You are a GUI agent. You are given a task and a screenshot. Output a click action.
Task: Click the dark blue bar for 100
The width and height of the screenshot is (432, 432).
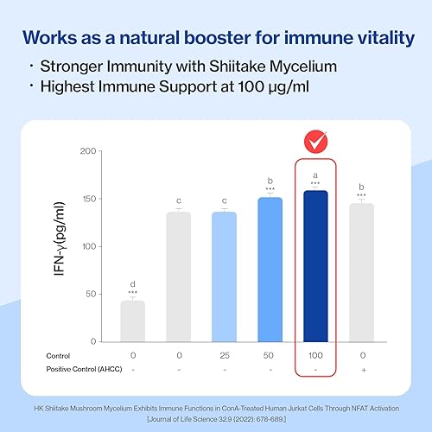[x=315, y=266]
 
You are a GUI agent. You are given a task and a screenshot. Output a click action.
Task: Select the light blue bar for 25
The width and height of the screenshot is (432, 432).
[x=224, y=277]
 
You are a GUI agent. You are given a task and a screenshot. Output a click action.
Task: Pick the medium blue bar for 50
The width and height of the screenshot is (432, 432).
[x=270, y=270]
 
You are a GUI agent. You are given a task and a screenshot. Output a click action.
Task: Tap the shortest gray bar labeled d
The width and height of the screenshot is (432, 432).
[x=133, y=321]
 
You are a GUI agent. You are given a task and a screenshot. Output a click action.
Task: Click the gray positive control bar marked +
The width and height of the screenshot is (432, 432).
[x=362, y=273]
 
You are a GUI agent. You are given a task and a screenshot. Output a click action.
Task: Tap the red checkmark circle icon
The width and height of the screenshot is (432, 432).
[x=315, y=142]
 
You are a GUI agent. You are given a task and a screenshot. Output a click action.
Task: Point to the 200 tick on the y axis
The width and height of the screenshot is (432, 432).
[x=88, y=151]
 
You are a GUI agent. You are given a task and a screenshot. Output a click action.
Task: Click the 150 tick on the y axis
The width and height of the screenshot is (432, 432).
[x=89, y=199]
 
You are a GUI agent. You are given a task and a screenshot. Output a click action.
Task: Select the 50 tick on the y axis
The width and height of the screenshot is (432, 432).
[x=91, y=294]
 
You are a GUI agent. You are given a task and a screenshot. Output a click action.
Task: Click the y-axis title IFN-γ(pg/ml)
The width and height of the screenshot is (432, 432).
[x=60, y=238]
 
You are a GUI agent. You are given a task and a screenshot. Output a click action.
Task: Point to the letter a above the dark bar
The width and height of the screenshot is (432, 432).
[x=315, y=175]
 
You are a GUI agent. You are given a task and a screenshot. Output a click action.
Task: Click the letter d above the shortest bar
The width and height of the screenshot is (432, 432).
[x=133, y=284]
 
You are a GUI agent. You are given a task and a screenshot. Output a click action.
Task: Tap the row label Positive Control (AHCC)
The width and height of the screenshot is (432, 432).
[x=84, y=369]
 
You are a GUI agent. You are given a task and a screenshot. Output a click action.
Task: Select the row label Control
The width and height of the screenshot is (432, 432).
[x=58, y=356]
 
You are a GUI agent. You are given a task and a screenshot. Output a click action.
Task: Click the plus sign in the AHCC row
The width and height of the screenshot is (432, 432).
[x=364, y=370]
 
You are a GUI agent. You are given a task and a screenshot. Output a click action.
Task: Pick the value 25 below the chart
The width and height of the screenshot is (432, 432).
[x=225, y=355]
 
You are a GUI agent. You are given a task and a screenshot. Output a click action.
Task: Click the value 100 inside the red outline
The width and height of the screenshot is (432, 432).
[x=315, y=355]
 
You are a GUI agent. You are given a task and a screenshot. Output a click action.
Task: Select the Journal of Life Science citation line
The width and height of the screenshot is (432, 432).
[x=217, y=419]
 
